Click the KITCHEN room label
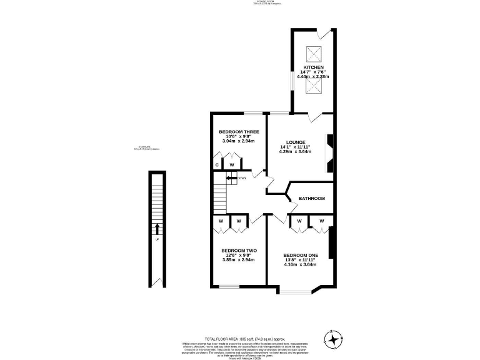313,67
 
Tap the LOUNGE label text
295,142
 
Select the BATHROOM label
311,199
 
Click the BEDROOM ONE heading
301,255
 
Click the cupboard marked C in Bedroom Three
217,164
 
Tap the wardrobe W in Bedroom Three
231,164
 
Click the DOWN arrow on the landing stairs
232,178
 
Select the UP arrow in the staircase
157,230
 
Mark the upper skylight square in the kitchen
313,52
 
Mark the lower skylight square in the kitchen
313,87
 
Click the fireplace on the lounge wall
331,153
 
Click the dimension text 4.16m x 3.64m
301,264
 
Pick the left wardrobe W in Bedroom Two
221,221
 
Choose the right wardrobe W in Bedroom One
321,221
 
